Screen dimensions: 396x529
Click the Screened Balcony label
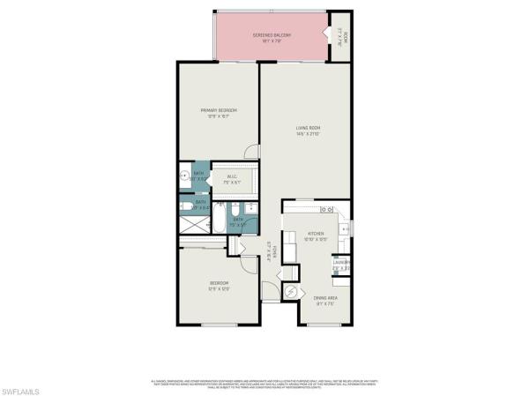click(272, 34)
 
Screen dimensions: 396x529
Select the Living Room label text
click(307, 128)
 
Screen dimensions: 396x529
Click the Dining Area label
click(325, 297)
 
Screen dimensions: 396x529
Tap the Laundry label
click(340, 263)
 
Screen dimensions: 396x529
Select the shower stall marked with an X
click(190, 226)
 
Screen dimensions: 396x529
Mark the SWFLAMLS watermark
click(28, 387)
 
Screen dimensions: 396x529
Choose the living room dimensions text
click(307, 134)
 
